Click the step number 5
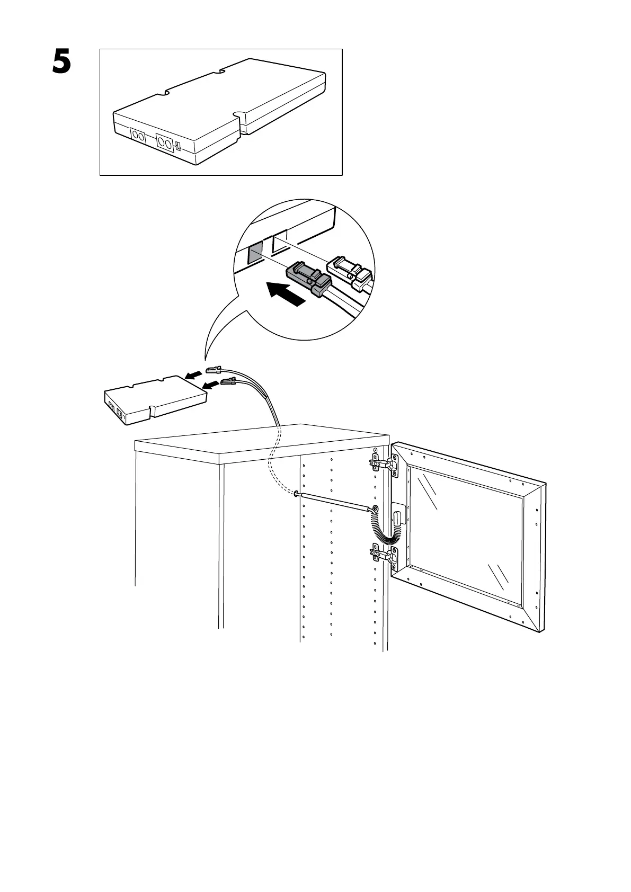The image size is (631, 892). tap(61, 62)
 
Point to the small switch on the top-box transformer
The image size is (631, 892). tap(178, 146)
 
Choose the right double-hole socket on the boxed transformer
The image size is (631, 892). tap(164, 142)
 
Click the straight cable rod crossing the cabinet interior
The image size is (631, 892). tap(334, 502)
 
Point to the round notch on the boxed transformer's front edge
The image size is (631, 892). tap(240, 115)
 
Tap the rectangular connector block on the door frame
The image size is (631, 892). tap(397, 516)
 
